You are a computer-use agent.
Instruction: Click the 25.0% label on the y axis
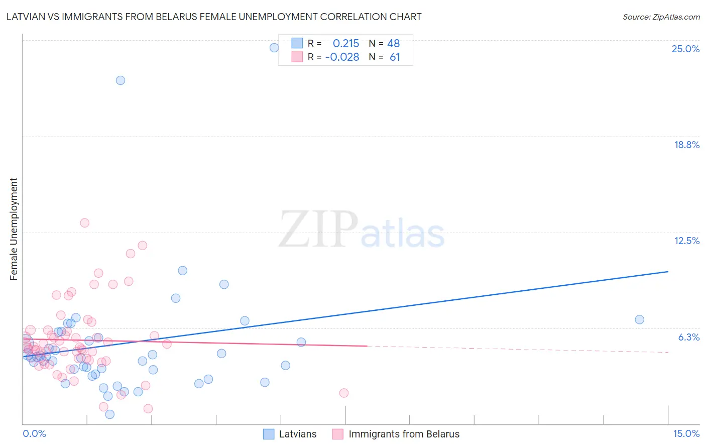685,49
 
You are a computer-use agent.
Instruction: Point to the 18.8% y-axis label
686,145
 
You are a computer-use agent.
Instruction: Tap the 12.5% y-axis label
686,241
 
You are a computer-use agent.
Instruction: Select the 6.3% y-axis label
688,337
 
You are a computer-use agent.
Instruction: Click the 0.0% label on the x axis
34,433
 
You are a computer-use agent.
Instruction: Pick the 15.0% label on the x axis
686,433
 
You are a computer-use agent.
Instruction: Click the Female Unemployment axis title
14,229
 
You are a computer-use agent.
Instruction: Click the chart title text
214,17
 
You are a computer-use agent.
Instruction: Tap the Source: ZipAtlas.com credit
661,17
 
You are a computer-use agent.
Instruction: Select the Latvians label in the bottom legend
298,434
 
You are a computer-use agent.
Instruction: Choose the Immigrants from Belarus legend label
404,434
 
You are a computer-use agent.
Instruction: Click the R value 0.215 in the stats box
346,44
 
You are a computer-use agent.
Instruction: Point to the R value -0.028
342,57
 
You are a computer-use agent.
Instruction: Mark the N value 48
393,44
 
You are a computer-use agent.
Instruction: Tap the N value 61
395,57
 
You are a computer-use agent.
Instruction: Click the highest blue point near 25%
274,48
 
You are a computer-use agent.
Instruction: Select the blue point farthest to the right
639,319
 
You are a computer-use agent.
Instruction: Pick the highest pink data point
85,223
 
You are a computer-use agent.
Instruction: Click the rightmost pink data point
344,393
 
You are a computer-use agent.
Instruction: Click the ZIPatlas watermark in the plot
362,230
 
